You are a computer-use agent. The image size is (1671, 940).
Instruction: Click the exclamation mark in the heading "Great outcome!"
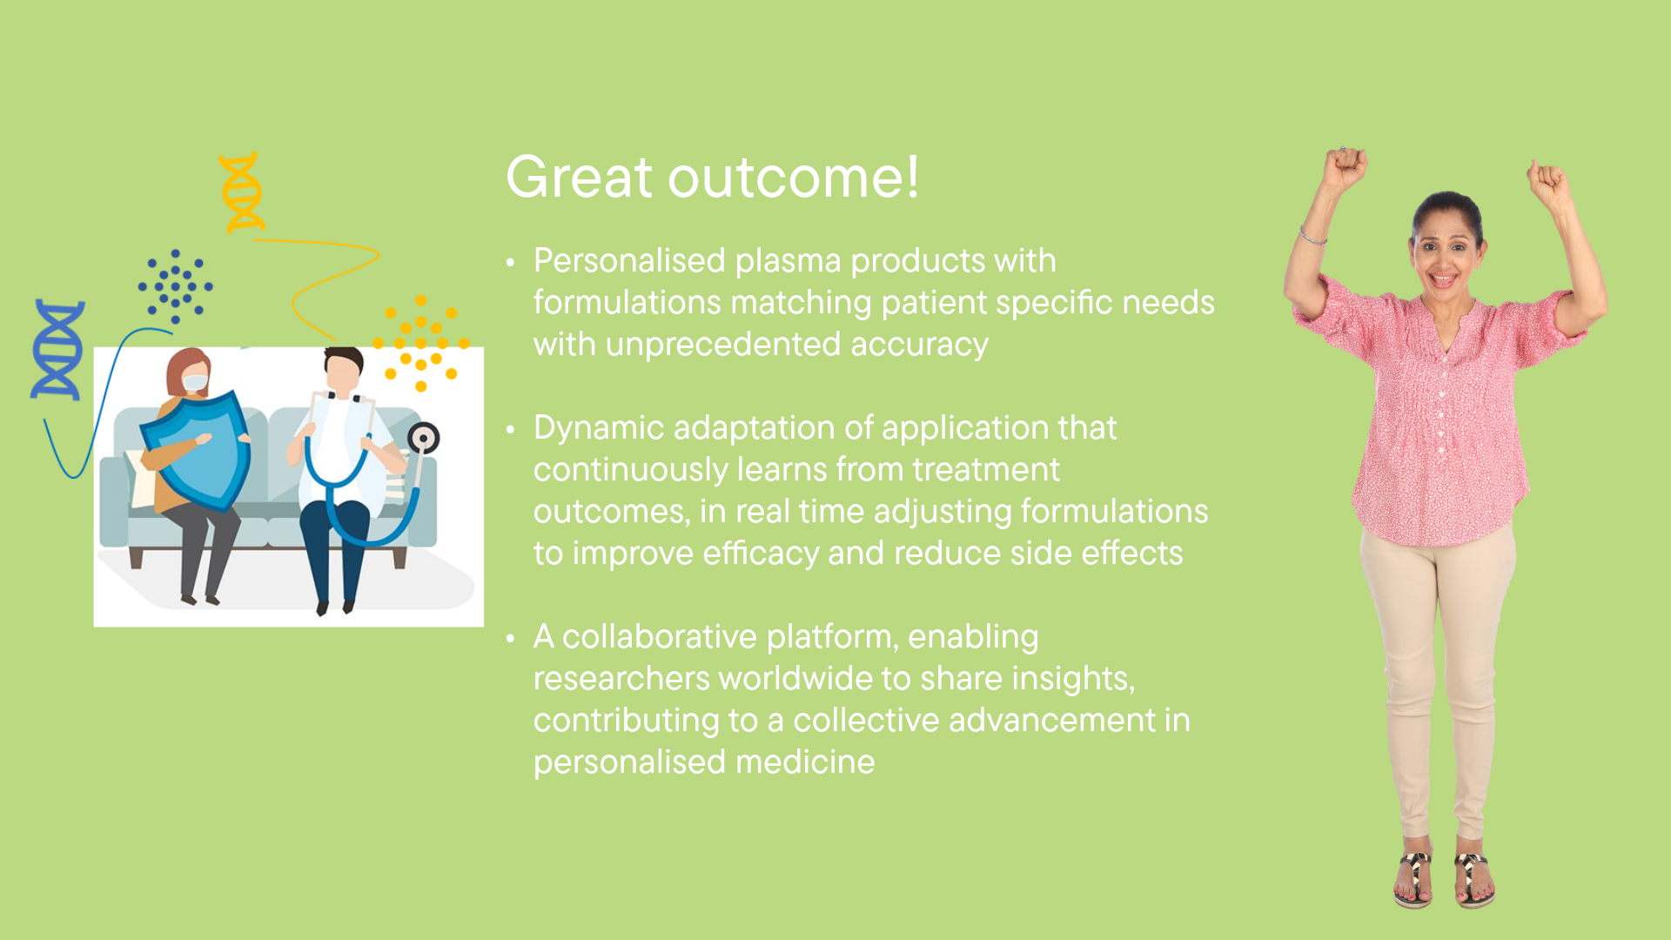912,177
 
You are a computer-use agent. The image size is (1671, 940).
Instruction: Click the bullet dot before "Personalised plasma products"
511,262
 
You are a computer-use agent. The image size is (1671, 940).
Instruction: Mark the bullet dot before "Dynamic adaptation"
511,429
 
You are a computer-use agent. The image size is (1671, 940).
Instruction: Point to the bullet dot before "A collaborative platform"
511,638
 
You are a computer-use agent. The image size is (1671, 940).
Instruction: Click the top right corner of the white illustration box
484,348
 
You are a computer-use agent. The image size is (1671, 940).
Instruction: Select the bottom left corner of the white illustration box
94,627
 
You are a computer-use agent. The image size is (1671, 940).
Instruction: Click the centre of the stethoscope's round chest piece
424,438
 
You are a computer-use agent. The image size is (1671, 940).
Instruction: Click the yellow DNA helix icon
241,192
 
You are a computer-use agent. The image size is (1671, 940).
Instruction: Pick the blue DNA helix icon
58,350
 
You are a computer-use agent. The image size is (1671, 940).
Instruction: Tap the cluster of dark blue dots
175,286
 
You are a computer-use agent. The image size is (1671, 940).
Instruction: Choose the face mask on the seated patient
195,383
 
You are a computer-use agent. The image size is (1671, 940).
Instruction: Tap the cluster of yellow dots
421,343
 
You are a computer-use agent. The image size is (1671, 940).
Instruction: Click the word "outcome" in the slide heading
786,178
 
